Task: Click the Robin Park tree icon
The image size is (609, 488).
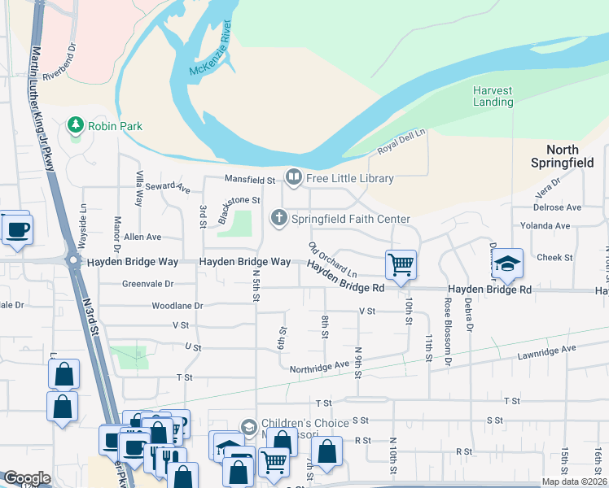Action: tap(76, 125)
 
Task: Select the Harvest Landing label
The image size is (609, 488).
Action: tap(493, 96)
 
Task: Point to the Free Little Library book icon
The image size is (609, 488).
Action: tap(293, 176)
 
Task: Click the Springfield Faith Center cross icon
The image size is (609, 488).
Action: tap(279, 218)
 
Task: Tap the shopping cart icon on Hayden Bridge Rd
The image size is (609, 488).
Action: tap(401, 264)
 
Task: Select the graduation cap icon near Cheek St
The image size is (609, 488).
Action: tap(507, 263)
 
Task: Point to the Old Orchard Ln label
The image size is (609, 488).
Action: tap(332, 259)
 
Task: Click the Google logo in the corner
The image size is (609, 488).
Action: tap(26, 478)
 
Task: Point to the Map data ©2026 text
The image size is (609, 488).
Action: tap(574, 481)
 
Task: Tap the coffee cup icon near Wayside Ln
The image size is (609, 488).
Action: tap(16, 229)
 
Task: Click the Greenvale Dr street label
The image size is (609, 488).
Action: tap(148, 284)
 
